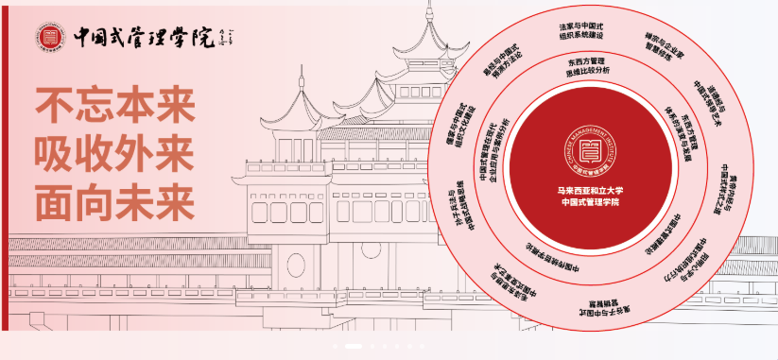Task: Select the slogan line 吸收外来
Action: click(x=114, y=151)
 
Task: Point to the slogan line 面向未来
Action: click(x=114, y=199)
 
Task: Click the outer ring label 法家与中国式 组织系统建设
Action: click(x=580, y=29)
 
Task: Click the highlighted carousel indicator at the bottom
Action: click(x=354, y=346)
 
